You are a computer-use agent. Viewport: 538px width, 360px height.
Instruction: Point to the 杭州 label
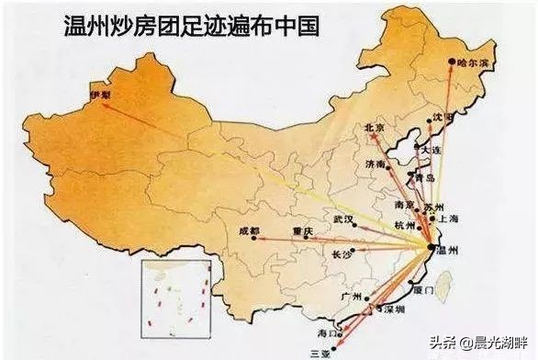coord(404,224)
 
